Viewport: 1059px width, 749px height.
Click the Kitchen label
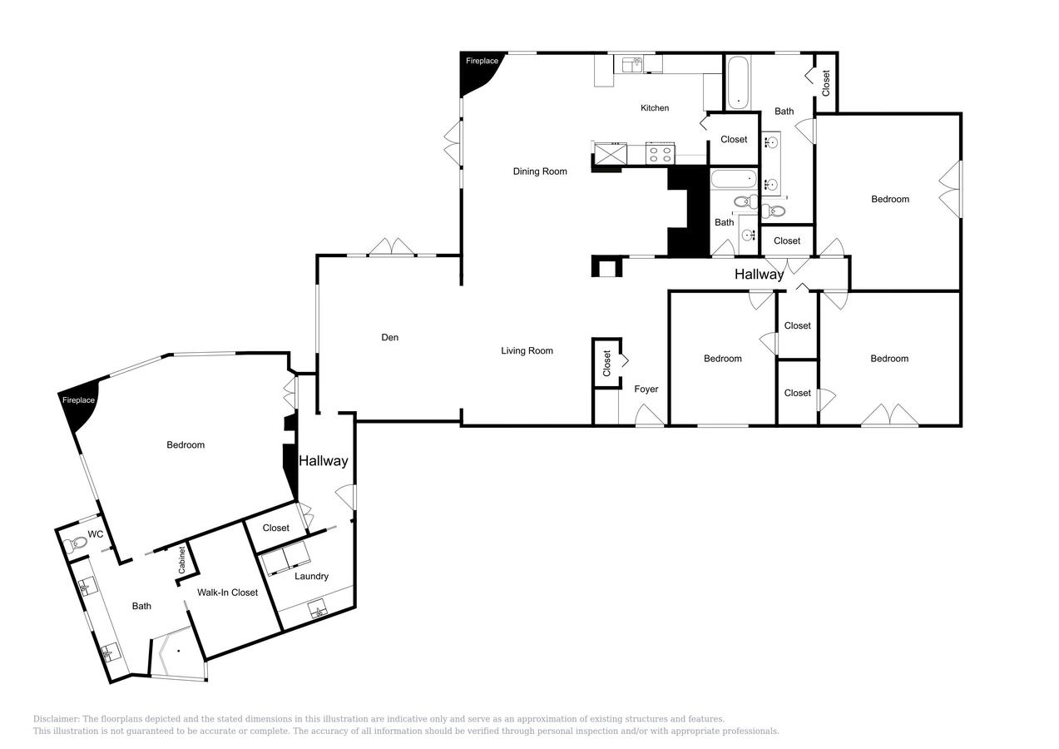(655, 108)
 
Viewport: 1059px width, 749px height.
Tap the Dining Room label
(540, 171)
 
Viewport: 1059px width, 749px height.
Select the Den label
(389, 337)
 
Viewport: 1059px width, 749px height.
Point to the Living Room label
(527, 350)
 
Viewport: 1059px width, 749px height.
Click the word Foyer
(646, 389)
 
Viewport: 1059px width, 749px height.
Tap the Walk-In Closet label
(227, 592)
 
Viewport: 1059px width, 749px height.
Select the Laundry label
(311, 576)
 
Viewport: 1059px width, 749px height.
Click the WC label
(95, 533)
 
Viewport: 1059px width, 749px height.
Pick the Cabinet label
(181, 560)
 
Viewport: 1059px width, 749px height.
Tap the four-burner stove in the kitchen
(660, 153)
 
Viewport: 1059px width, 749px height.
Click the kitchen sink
(632, 65)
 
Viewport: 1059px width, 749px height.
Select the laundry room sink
(318, 609)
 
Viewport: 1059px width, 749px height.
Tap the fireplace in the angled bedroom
(80, 404)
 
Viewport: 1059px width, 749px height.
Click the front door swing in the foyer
(650, 415)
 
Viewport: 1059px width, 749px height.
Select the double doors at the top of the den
(392, 247)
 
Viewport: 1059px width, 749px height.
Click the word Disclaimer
(56, 719)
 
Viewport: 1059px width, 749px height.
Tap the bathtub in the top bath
(738, 82)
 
